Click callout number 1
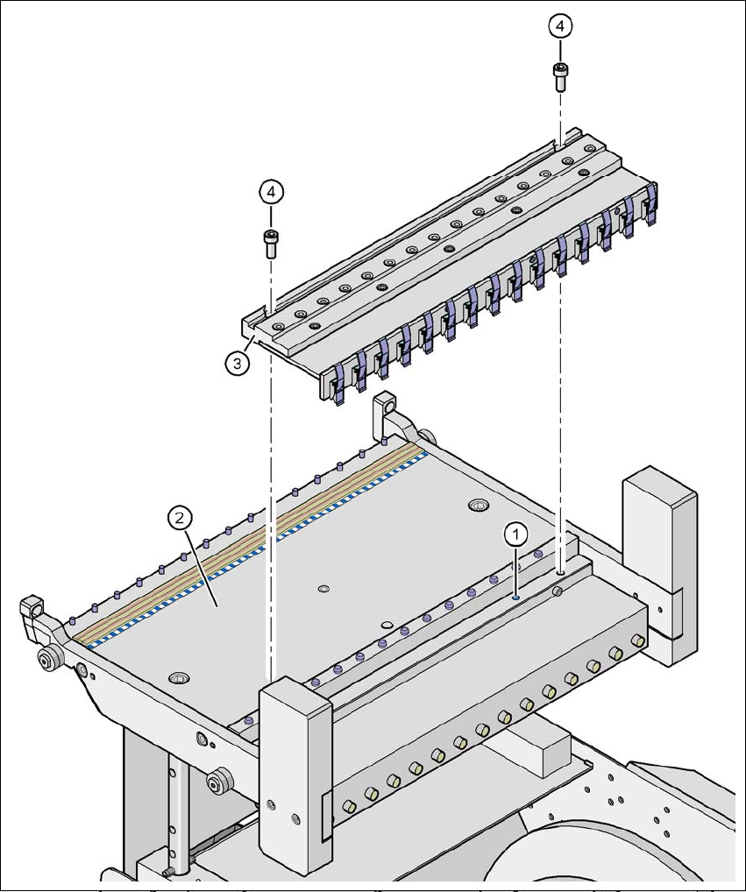[516, 532]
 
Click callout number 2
[179, 518]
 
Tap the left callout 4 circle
[271, 191]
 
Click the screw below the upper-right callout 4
[559, 76]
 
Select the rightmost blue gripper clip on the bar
[650, 205]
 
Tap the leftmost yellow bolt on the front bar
[348, 805]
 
